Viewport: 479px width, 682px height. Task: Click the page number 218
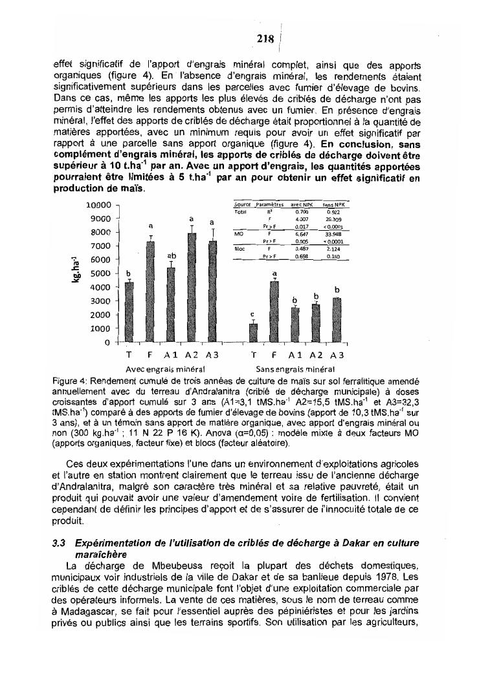click(x=264, y=38)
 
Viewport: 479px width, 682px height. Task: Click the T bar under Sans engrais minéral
click(x=254, y=333)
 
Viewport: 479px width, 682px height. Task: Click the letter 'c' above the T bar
click(x=253, y=315)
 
